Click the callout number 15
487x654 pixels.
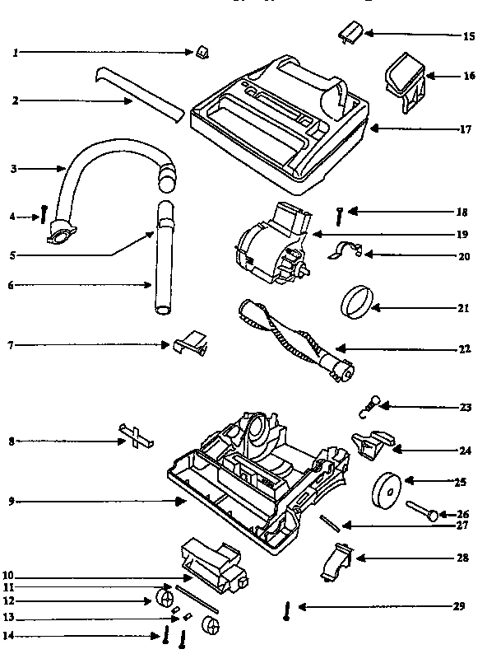tap(468, 36)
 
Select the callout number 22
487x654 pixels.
tap(465, 349)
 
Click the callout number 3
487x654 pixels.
tap(14, 169)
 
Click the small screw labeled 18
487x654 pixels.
tap(339, 215)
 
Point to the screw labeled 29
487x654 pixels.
tap(286, 611)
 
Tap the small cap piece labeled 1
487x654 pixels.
tap(202, 53)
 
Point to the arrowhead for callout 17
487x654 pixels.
tap(372, 128)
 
